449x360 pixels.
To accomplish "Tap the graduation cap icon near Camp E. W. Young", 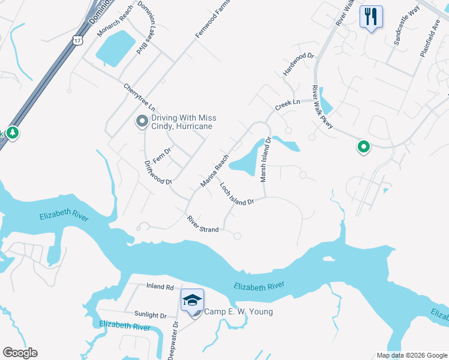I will [x=193, y=300].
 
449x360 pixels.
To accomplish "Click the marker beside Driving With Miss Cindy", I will [x=142, y=122].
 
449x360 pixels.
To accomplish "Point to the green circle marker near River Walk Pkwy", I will [x=363, y=146].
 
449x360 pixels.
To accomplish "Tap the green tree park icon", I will [x=12, y=133].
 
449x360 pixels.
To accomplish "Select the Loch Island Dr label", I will [x=237, y=194].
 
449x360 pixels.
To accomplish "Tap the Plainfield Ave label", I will [x=430, y=40].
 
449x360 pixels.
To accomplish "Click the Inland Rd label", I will [x=160, y=287].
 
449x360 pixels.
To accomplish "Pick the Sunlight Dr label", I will [x=151, y=315].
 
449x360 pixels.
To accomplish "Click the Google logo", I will [x=20, y=353].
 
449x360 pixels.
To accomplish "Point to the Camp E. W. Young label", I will [x=239, y=311].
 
